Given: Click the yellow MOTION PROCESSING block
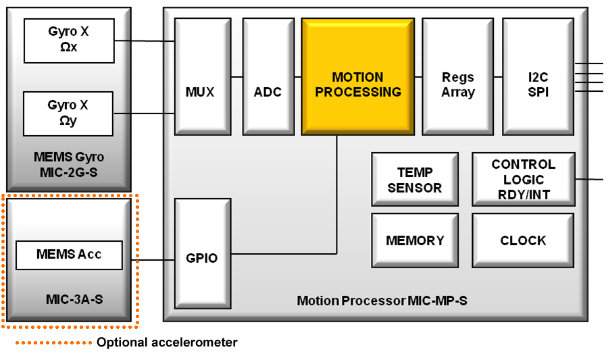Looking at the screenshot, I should pos(357,76).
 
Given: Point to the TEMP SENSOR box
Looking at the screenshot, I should pos(415,179).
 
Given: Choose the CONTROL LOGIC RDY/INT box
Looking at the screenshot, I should pos(524,179).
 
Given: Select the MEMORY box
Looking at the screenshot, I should pos(415,240).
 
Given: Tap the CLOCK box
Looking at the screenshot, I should pos(524,240).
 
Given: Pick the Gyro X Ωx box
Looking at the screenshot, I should pos(68,40).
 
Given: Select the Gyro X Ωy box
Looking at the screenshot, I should pos(68,113).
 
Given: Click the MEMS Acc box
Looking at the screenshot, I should pos(68,255).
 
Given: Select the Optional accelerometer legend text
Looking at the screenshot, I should pos(167,342).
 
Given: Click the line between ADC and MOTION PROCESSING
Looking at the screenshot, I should pos(295,77).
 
